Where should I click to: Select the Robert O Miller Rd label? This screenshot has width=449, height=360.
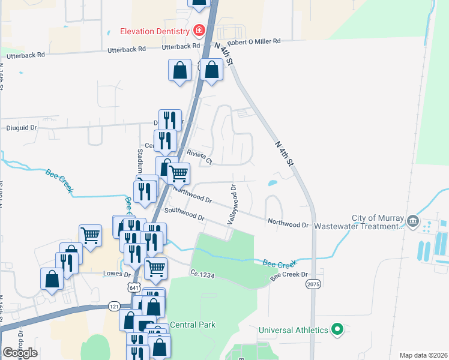click(253, 42)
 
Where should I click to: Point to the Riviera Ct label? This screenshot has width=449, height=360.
click(200, 157)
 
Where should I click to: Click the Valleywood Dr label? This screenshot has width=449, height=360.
click(231, 205)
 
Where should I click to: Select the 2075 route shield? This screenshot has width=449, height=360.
click(313, 283)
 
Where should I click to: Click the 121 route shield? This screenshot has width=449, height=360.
click(114, 306)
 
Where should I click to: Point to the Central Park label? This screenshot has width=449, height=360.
click(193, 325)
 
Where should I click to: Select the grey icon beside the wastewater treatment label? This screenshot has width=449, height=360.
click(414, 221)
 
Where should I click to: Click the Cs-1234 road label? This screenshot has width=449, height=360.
click(202, 274)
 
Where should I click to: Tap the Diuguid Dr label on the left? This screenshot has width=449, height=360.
click(22, 127)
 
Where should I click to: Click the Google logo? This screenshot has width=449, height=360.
click(20, 353)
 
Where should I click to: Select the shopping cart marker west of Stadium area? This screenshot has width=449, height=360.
click(90, 235)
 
